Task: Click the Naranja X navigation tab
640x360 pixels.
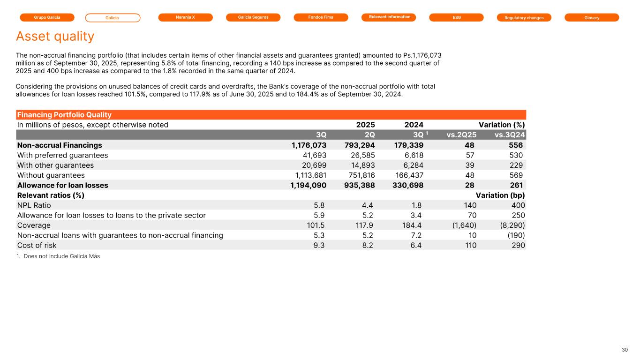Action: tap(185, 17)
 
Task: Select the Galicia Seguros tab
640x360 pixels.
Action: tap(253, 17)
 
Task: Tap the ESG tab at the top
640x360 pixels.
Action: tap(456, 17)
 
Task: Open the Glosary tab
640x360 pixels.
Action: tap(592, 17)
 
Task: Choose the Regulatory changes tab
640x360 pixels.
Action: tap(524, 17)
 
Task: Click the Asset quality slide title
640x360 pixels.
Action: tap(55, 36)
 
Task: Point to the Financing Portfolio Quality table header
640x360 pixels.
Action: tap(64, 115)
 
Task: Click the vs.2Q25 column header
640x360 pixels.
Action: tap(461, 135)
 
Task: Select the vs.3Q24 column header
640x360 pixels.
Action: tap(510, 135)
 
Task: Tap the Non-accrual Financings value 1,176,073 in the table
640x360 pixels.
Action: tap(309, 145)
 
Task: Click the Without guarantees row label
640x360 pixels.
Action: tap(51, 175)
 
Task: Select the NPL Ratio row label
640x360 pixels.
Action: tap(34, 205)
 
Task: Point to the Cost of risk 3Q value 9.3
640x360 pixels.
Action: tap(320, 245)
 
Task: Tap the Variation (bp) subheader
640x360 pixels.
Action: tap(500, 195)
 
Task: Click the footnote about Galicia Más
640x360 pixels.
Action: tap(58, 256)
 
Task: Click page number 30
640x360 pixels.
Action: tap(625, 350)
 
